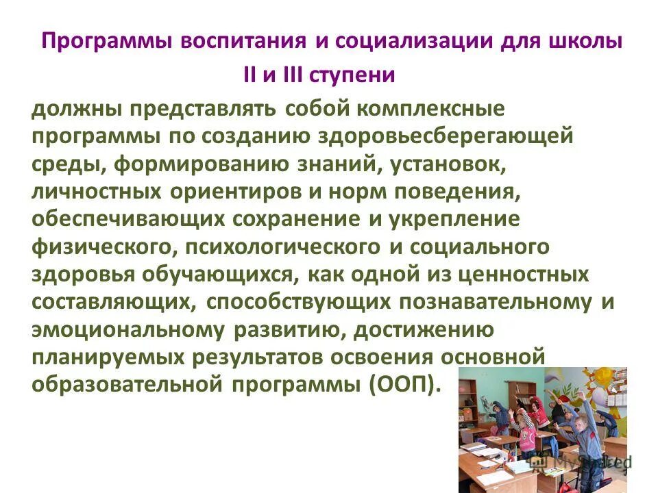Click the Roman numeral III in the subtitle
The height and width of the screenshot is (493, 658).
[293, 75]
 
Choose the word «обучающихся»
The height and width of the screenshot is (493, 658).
[232, 273]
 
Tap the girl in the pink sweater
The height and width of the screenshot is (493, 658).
[528, 438]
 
